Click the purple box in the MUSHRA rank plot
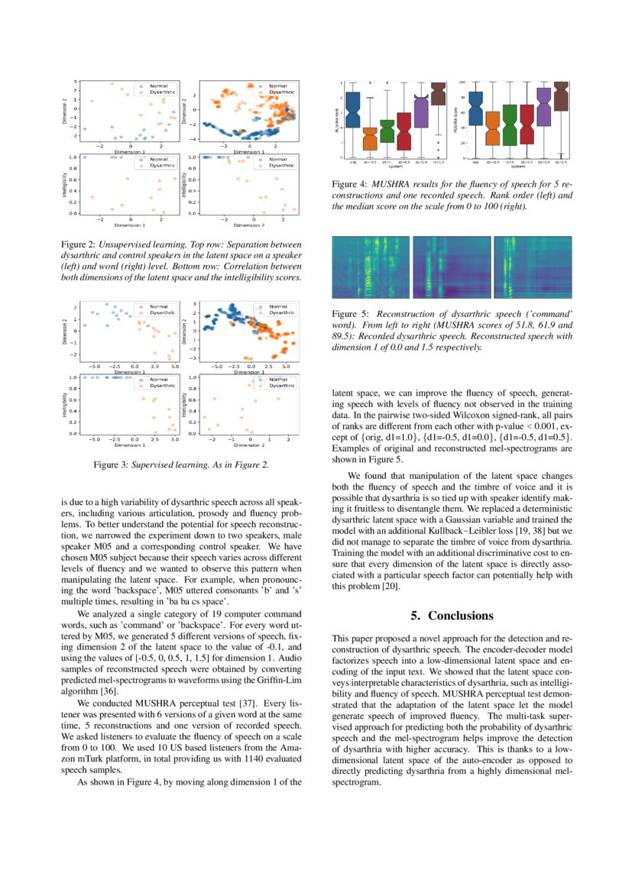[x=421, y=111]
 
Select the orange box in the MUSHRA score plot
[x=493, y=128]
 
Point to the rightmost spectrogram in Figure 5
[x=533, y=267]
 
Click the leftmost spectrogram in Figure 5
[x=371, y=267]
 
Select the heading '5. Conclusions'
[x=452, y=616]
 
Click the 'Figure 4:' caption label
[x=349, y=184]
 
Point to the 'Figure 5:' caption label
[x=349, y=314]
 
